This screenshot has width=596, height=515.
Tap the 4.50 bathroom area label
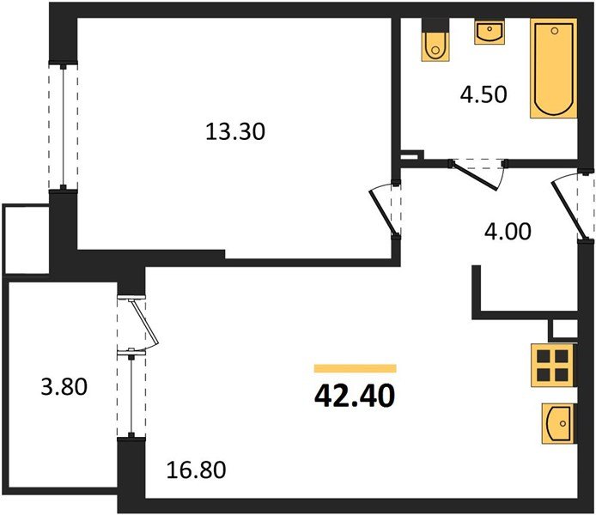tap(483, 94)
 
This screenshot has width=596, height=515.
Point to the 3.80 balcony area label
tap(64, 387)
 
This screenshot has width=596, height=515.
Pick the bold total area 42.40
tap(355, 396)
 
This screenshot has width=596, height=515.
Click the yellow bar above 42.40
tap(355, 368)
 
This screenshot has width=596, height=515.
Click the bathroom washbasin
tap(490, 33)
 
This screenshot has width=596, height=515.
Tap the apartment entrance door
tap(573, 205)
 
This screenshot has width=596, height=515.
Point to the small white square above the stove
tap(563, 328)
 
